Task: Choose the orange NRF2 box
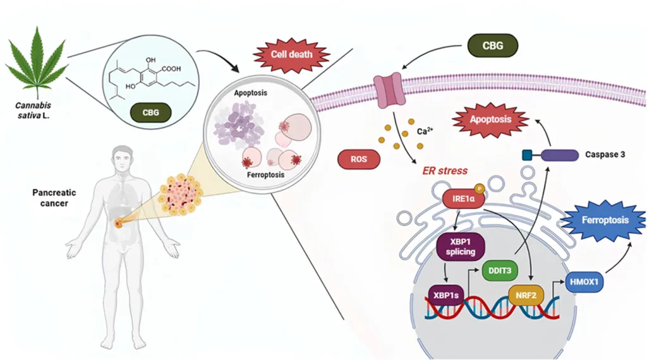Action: [x=526, y=294]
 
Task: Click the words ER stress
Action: [x=445, y=171]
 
